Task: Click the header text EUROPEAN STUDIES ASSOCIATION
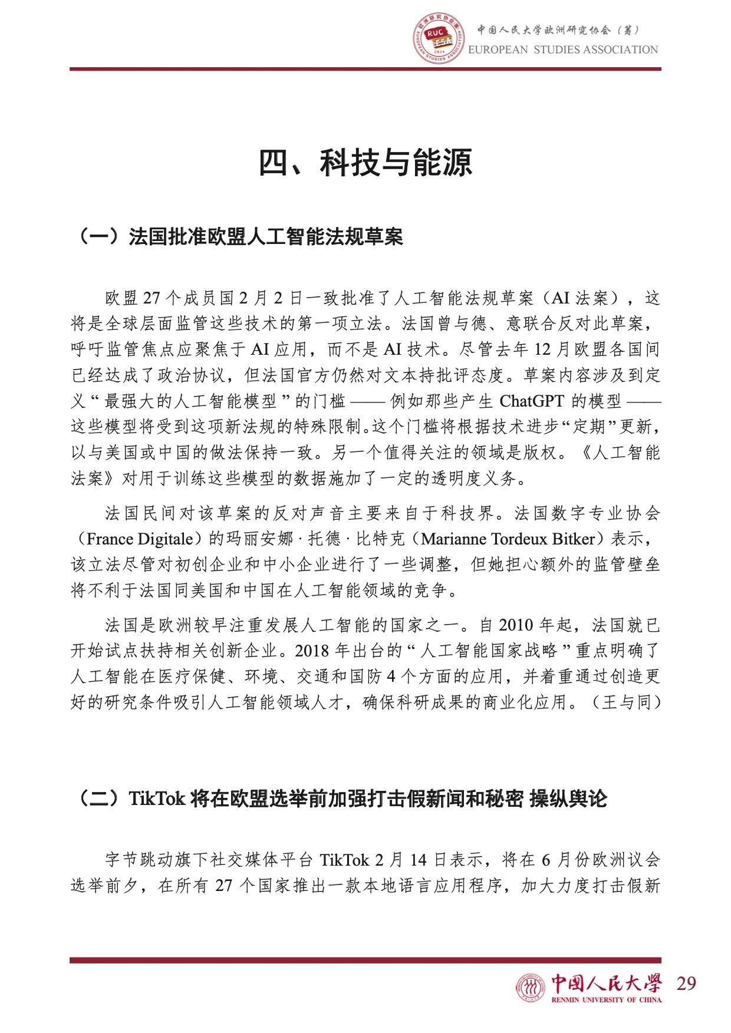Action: click(x=563, y=49)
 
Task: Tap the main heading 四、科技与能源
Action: click(x=365, y=163)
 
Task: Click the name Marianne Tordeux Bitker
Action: click(x=508, y=539)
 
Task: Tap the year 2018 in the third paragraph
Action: click(x=312, y=651)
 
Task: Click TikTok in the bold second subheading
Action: click(x=157, y=798)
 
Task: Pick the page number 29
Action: click(x=686, y=983)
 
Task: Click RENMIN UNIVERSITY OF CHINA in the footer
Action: click(x=606, y=999)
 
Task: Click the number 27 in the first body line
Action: click(x=152, y=298)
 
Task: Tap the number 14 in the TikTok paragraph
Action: click(x=418, y=860)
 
